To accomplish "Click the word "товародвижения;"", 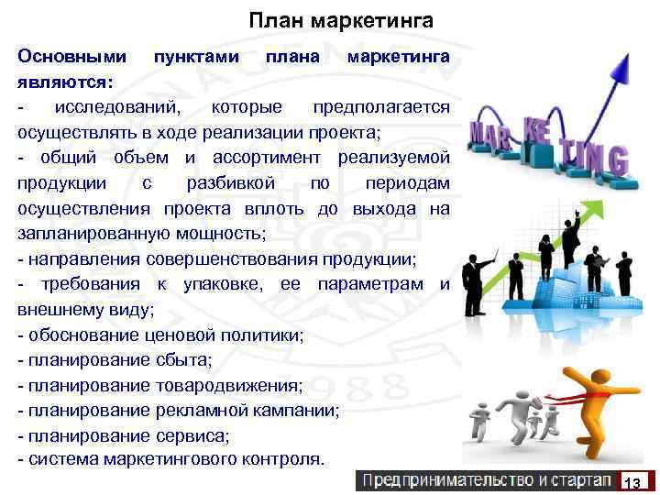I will point(229,384).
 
